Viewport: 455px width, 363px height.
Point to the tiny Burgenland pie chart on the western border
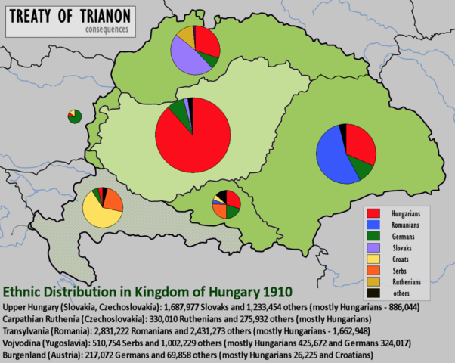coord(73,115)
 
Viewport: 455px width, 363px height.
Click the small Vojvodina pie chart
coord(226,204)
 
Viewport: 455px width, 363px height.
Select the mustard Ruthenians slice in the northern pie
coord(184,35)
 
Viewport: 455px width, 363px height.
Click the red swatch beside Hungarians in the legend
coord(373,214)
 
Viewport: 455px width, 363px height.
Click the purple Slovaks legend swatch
coord(373,247)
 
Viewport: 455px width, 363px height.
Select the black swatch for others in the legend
coord(373,292)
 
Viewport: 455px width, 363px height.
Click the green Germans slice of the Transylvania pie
coord(362,169)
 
